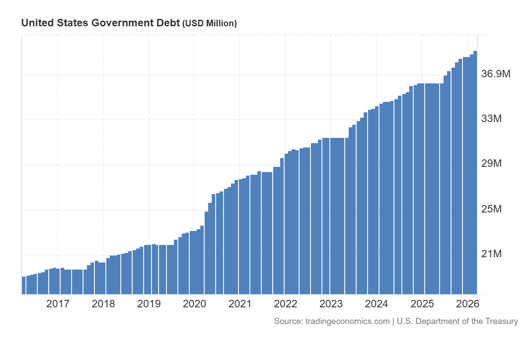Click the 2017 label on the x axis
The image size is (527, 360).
pyautogui.click(x=58, y=304)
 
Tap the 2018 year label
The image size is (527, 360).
pyautogui.click(x=103, y=304)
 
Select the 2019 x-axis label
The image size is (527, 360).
pyautogui.click(x=149, y=304)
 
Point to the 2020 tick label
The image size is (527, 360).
pyautogui.click(x=195, y=304)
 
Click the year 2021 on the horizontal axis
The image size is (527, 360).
pyautogui.click(x=240, y=304)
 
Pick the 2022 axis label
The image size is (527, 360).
pyautogui.click(x=285, y=304)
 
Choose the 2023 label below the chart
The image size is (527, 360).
pyautogui.click(x=331, y=304)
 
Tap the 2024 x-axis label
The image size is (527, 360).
pyautogui.click(x=376, y=304)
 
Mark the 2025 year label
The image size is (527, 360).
pyautogui.click(x=422, y=304)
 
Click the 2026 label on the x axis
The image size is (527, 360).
pyautogui.click(x=467, y=304)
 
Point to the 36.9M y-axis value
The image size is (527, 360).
pyautogui.click(x=496, y=74)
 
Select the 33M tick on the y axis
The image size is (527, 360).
pyautogui.click(x=491, y=119)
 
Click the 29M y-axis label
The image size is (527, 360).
pyautogui.click(x=491, y=164)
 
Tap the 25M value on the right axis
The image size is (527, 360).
pyautogui.click(x=491, y=209)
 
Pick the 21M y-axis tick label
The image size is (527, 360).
pyautogui.click(x=491, y=254)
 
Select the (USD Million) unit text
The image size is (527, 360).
pyautogui.click(x=209, y=24)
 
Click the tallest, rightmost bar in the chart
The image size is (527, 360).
pyautogui.click(x=475, y=176)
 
